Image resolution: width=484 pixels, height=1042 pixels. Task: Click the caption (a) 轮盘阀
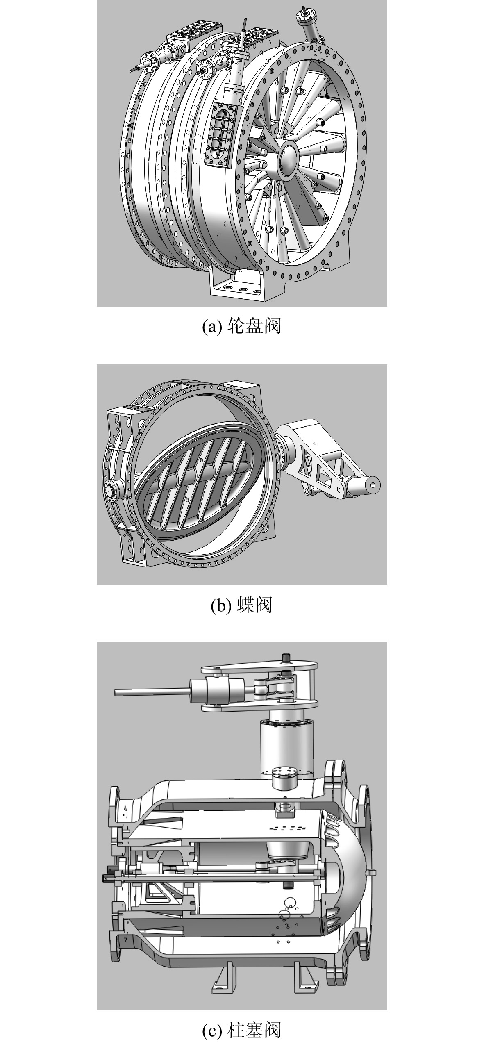242,327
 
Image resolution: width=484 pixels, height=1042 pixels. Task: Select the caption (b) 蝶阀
242,605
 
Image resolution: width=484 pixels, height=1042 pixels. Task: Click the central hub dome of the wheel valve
292,156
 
